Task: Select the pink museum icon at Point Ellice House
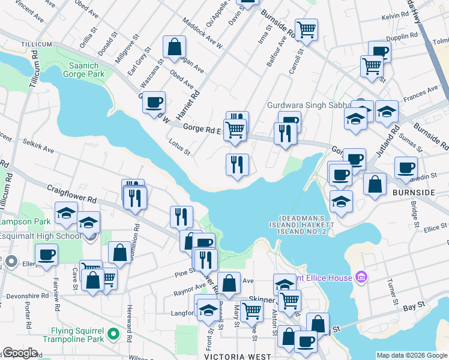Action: tap(360, 277)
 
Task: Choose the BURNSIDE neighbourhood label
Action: tap(414, 193)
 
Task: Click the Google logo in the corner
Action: tap(19, 353)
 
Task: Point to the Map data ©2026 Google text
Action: tap(411, 355)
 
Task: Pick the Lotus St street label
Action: tap(179, 148)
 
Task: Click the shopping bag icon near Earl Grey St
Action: tap(174, 47)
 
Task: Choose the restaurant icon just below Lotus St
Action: tap(237, 164)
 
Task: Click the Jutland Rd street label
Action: tap(394, 136)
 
